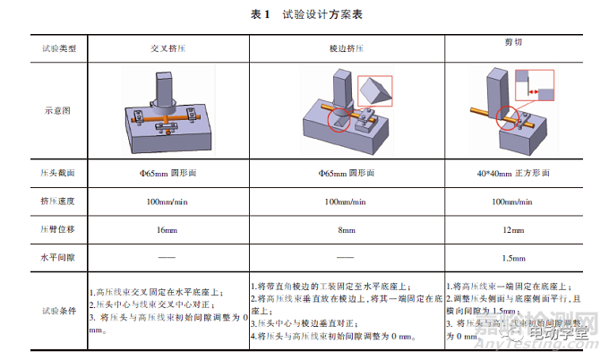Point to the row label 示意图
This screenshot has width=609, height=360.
(57, 112)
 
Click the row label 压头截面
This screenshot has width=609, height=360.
(57, 170)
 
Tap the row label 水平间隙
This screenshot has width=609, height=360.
(57, 258)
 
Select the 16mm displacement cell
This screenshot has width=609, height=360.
(167, 230)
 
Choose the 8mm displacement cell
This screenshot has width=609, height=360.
(346, 230)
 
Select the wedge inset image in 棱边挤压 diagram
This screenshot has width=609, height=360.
(376, 90)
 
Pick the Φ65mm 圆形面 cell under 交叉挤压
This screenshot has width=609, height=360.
(167, 170)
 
